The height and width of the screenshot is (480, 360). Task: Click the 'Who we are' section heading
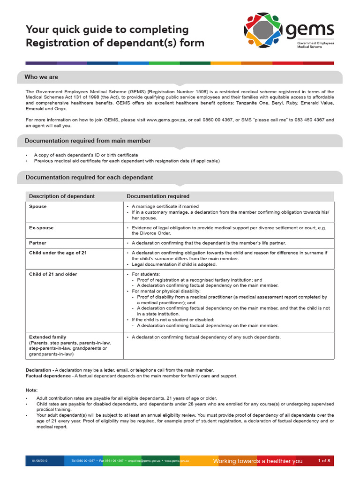[41, 77]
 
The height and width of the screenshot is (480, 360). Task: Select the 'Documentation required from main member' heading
[88, 141]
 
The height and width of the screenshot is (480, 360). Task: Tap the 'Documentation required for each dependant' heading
[89, 178]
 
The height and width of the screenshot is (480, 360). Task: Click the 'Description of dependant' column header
[62, 196]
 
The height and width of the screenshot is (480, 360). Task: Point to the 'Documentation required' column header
[158, 196]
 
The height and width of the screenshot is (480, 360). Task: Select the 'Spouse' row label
[38, 206]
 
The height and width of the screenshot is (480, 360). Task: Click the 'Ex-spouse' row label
[41, 228]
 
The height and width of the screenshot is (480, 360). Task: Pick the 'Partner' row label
[37, 243]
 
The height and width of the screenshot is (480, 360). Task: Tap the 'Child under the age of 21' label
[58, 253]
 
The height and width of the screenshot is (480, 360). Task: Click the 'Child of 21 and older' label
[53, 274]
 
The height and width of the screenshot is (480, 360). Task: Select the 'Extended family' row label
[47, 337]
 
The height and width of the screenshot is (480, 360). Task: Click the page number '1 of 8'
[324, 461]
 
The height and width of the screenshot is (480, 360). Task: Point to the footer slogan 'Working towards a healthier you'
[258, 461]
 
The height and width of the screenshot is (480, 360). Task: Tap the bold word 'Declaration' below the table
[38, 370]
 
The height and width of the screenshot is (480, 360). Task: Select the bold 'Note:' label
[31, 390]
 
